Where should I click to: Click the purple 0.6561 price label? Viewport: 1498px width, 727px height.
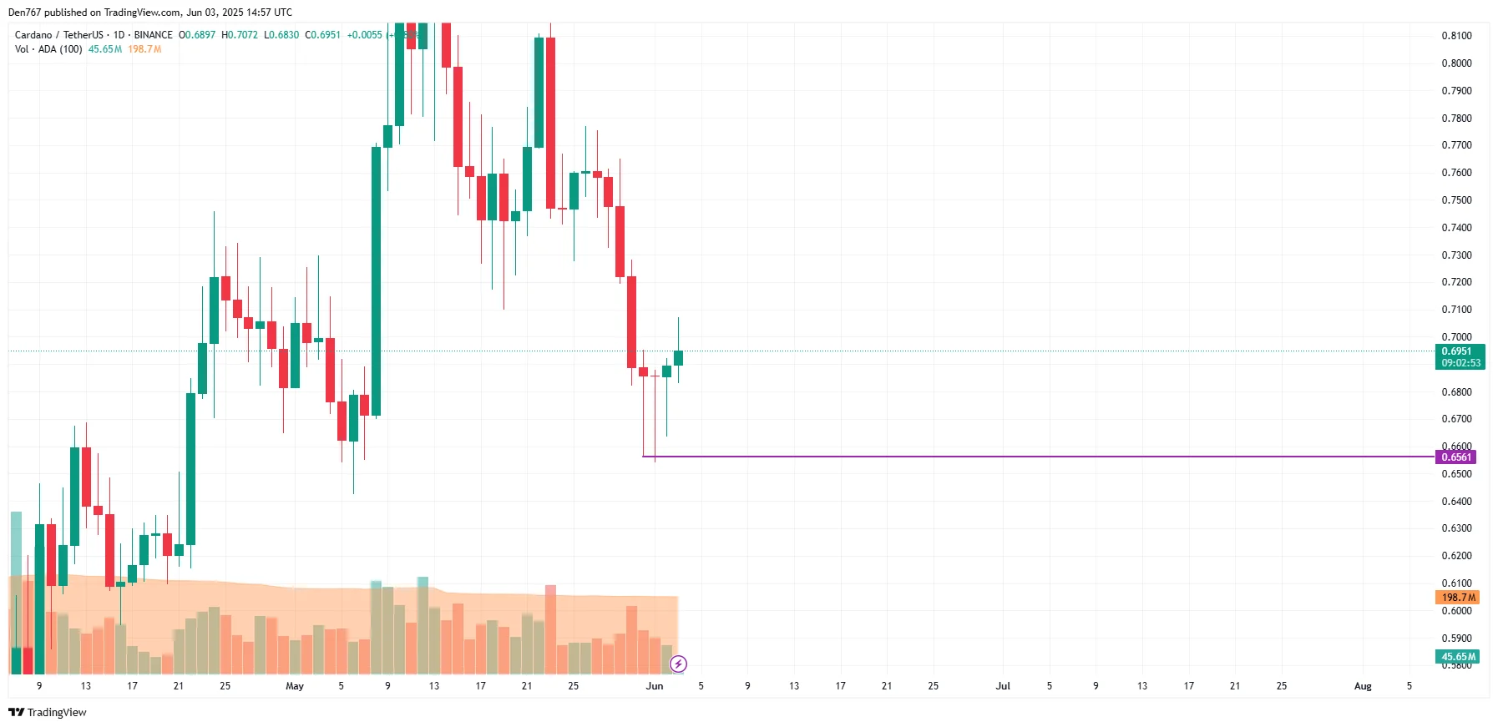1455,457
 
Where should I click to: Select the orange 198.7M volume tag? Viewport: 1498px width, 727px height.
1457,597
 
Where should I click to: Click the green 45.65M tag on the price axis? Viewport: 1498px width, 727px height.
1458,657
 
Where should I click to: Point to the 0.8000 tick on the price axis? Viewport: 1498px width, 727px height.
1456,63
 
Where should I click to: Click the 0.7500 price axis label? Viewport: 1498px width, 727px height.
1456,200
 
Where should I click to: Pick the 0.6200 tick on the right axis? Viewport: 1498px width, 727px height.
1456,556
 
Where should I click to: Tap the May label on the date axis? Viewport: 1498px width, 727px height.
295,686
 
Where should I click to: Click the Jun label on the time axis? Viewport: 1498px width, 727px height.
655,686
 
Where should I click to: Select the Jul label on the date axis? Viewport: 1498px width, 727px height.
1003,686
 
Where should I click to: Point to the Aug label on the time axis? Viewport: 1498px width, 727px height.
1362,686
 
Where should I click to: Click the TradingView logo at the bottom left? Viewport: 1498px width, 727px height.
48,712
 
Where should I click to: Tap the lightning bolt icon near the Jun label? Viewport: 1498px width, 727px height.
678,664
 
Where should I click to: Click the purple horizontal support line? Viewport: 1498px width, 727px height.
1002,457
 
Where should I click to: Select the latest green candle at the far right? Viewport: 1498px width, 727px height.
678,358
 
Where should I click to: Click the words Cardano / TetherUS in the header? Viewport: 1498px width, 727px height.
58,35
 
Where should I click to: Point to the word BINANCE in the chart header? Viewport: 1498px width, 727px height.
153,35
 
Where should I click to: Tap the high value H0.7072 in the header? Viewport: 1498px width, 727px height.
240,35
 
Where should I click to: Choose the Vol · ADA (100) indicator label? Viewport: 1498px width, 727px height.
48,49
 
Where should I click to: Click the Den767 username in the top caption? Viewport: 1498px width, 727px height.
24,13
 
